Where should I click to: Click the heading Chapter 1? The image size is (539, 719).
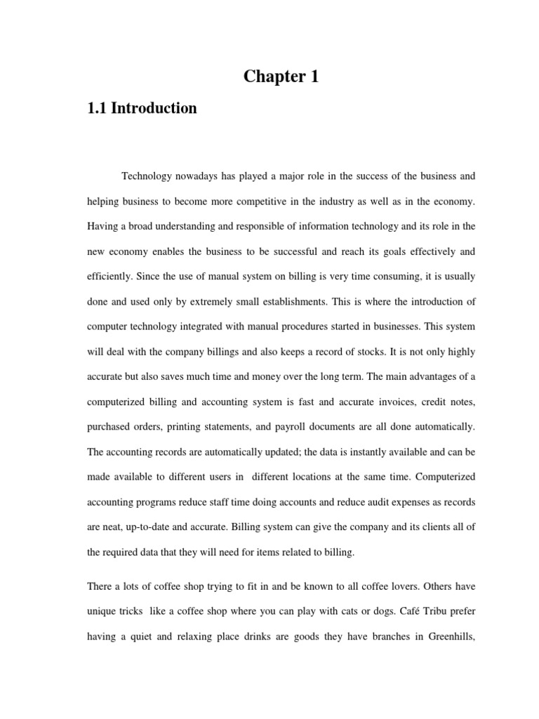[x=281, y=77]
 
